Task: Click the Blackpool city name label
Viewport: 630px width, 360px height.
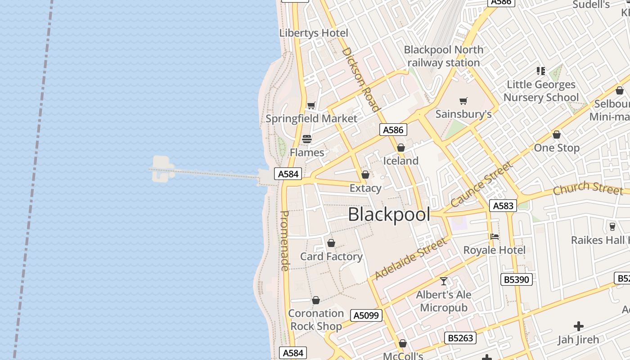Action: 389,215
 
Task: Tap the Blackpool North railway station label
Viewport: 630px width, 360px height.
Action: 444,56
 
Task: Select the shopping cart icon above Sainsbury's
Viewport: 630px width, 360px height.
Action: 463,101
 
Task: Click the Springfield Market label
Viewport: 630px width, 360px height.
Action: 311,119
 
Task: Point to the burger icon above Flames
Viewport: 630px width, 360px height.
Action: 307,139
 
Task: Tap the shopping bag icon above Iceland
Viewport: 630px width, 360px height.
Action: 401,148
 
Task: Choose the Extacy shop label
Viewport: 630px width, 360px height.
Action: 365,188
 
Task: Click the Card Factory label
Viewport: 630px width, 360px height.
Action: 331,256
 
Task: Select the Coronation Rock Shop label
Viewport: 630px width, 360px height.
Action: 316,319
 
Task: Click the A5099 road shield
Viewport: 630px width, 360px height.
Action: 366,315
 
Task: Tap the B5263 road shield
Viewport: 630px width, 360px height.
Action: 460,337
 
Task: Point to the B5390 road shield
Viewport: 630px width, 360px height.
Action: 517,279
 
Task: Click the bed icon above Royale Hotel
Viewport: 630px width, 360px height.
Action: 495,237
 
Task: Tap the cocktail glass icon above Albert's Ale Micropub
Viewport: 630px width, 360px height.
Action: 444,281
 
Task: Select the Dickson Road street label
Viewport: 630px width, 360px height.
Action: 361,79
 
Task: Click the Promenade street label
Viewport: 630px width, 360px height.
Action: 284,241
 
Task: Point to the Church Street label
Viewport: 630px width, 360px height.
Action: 588,188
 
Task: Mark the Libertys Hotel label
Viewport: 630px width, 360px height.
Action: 314,33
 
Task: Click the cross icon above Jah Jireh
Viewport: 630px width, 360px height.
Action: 579,326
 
